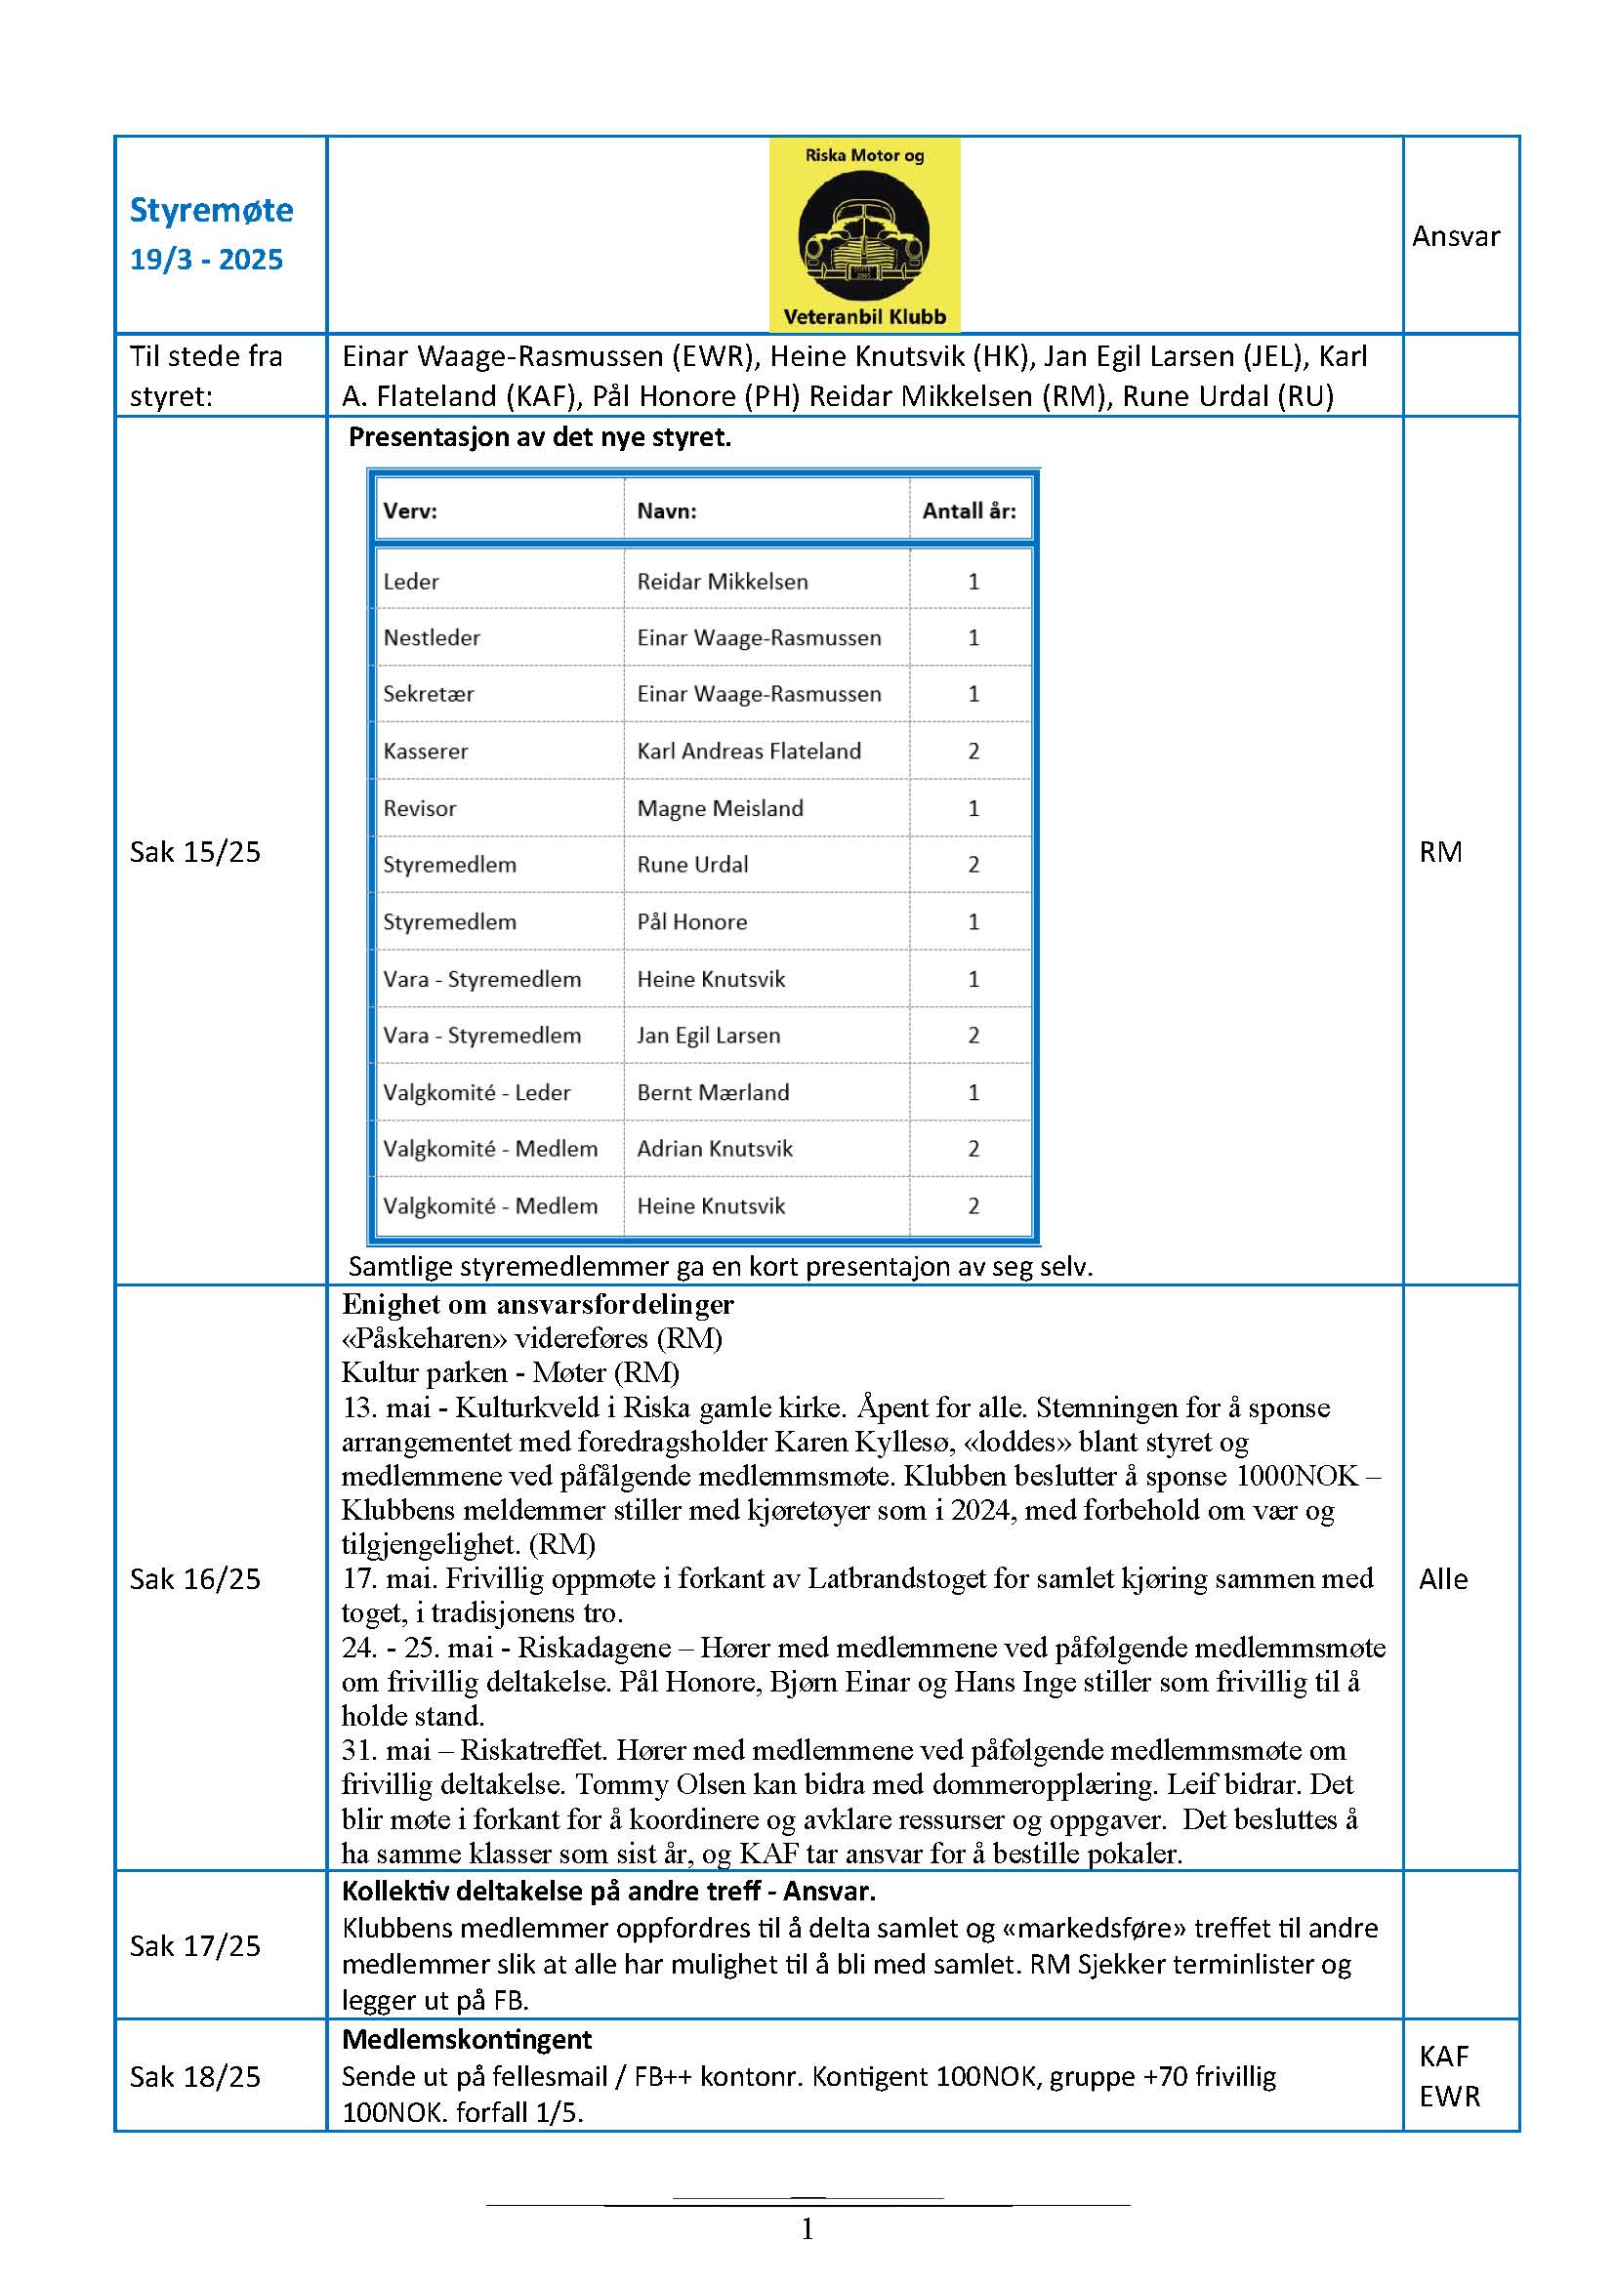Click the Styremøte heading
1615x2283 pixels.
click(211, 210)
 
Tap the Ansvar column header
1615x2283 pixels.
click(1455, 235)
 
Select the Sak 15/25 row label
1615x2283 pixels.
click(195, 852)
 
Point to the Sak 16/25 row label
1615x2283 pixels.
click(195, 1579)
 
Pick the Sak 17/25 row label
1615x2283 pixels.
click(195, 1946)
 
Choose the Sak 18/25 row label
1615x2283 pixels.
click(195, 2077)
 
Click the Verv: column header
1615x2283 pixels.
click(410, 511)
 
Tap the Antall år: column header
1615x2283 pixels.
click(969, 511)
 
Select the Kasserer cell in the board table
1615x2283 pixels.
click(426, 751)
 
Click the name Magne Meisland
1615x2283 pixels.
click(720, 808)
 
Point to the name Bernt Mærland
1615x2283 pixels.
click(713, 1092)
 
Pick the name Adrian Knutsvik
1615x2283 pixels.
click(715, 1149)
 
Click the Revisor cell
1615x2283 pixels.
click(420, 808)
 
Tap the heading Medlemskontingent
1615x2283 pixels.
click(467, 2040)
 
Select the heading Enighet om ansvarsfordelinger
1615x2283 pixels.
click(538, 1304)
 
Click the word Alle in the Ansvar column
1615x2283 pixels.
click(1443, 1579)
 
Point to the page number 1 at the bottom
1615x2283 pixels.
click(807, 2229)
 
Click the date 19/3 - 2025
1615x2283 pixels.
click(207, 260)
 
